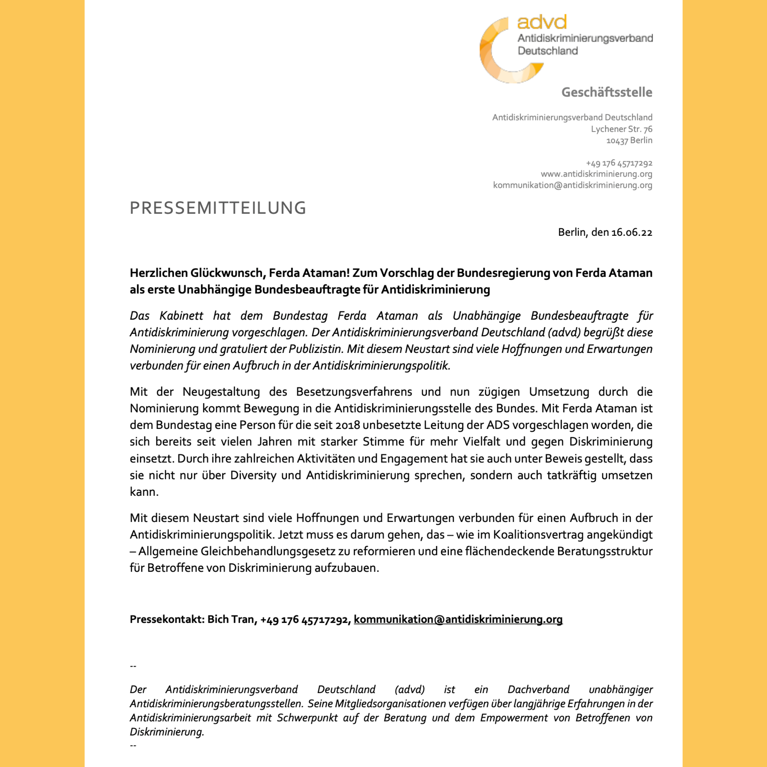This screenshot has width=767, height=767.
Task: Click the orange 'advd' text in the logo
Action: click(x=542, y=22)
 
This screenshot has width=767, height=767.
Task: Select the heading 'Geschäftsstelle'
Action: click(x=606, y=92)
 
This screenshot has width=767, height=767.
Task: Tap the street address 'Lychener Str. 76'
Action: click(x=621, y=129)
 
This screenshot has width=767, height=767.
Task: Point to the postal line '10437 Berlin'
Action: click(x=629, y=141)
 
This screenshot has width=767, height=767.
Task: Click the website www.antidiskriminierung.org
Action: click(x=596, y=174)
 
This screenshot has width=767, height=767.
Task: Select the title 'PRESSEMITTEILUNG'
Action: click(x=218, y=208)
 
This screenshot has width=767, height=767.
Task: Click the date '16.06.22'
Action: click(x=632, y=232)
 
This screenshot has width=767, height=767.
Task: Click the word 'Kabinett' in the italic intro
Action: click(x=181, y=316)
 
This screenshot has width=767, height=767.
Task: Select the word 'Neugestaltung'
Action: click(x=221, y=392)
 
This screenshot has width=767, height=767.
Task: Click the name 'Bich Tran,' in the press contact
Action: click(x=232, y=619)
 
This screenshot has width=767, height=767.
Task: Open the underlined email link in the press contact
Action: click(x=458, y=619)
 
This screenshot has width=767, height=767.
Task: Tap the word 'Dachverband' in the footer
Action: click(x=538, y=689)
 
